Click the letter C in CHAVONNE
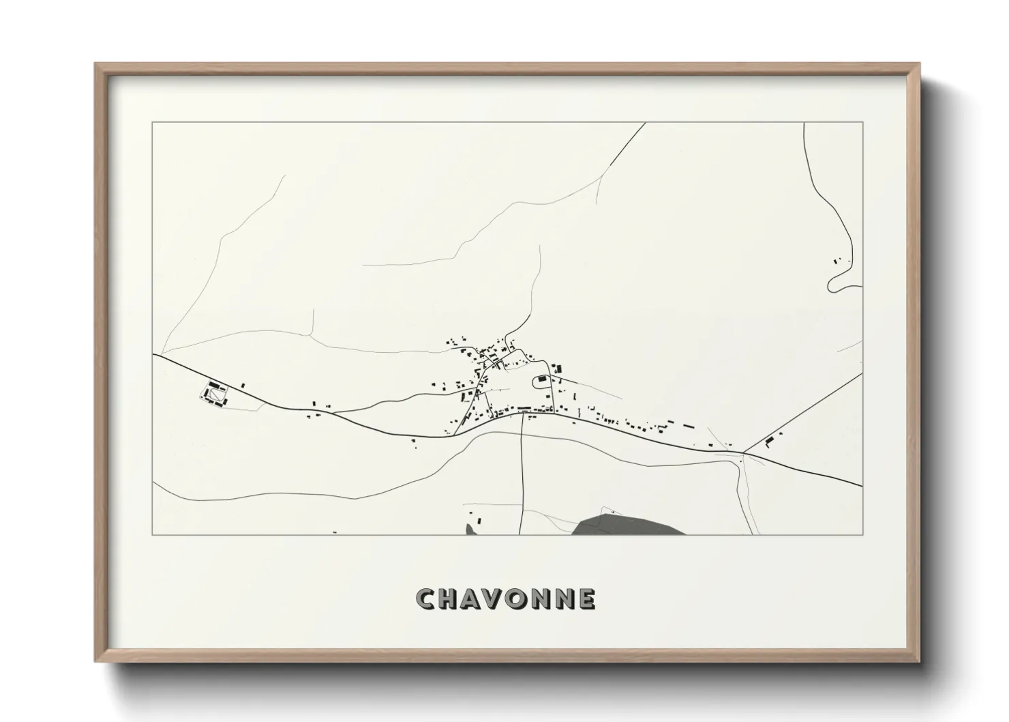tap(427, 598)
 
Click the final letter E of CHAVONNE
tap(586, 598)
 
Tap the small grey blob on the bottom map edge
tap(470, 530)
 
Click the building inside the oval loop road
tap(543, 378)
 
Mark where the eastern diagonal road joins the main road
tap(743, 452)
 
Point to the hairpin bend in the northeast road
tap(831, 284)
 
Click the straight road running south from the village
tap(522, 478)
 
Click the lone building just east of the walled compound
tap(243, 386)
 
